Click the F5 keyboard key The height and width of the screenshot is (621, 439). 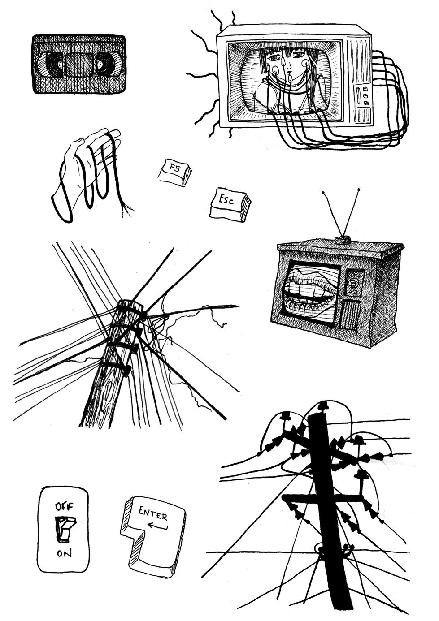[175, 172]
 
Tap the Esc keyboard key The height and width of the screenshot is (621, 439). [230, 205]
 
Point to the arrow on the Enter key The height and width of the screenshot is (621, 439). [157, 525]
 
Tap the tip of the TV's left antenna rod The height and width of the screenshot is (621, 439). [323, 192]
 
